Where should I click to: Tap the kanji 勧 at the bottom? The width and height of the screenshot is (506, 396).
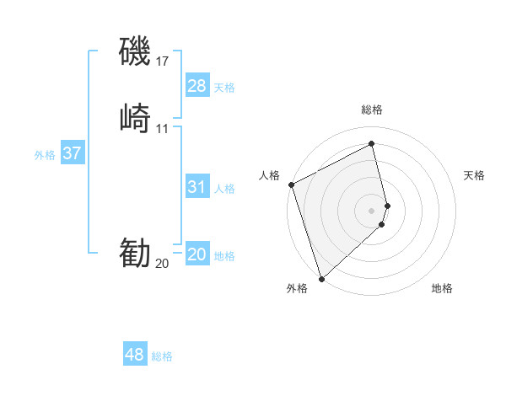135,252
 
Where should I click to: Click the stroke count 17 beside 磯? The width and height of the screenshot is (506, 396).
163,61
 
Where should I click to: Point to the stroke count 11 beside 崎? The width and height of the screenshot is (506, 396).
163,128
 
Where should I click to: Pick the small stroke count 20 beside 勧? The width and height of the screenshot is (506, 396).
162,263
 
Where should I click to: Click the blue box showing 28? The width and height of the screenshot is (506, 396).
197,86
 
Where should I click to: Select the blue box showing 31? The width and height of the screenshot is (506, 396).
197,187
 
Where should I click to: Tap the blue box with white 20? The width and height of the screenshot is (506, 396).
197,254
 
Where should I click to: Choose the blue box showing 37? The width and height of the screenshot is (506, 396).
73,153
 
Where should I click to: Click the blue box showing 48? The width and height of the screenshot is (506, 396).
135,355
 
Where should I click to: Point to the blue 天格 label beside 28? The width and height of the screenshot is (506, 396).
224,88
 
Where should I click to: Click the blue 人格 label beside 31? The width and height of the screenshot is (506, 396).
224,189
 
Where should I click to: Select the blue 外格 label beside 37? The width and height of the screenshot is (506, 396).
45,155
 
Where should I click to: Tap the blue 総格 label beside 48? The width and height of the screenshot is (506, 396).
162,356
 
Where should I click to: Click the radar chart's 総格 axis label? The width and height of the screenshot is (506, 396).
372,110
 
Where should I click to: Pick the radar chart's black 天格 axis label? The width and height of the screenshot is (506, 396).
475,175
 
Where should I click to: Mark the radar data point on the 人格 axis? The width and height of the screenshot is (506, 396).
290,185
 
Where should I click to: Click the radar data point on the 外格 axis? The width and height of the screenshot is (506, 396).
320,278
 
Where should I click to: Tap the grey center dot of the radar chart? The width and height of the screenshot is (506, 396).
372,210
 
